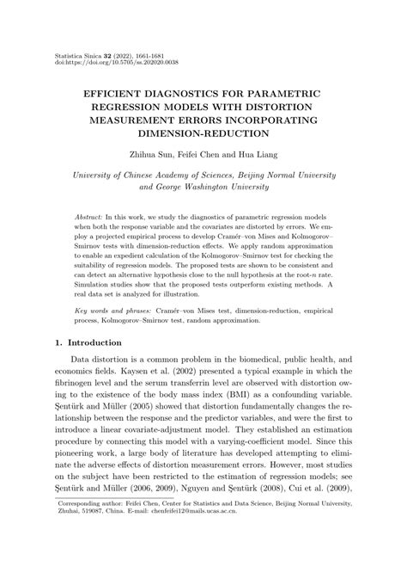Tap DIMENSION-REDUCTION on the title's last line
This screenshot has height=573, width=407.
click(203, 134)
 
